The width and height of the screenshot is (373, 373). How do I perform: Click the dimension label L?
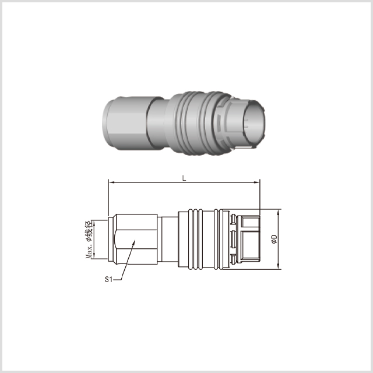pos(184,178)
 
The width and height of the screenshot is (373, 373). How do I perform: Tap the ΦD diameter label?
pos(274,239)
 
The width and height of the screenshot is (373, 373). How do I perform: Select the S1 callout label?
pos(108,279)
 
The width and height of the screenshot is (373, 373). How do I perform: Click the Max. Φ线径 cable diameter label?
pos(89,240)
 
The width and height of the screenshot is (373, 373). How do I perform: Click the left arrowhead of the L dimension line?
pos(111,182)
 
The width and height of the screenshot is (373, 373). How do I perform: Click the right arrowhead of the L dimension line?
pos(257,182)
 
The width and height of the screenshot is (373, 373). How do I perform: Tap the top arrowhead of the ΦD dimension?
pos(279,212)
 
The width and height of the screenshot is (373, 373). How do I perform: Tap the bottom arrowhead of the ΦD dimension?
pos(279,266)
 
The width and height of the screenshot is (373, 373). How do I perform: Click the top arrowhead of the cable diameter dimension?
pos(94,223)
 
